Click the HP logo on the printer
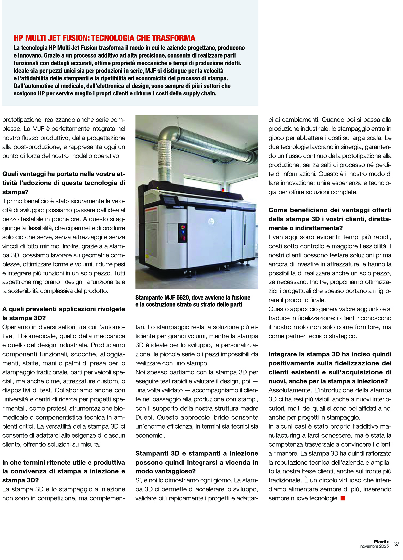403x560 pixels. click(211, 221)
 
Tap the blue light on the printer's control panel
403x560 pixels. click(183, 232)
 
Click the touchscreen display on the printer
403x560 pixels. click(170, 201)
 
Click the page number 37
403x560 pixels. click(396, 544)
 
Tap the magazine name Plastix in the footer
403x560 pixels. click(381, 542)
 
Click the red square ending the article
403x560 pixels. click(343, 498)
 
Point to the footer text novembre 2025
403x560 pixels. click(374, 546)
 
